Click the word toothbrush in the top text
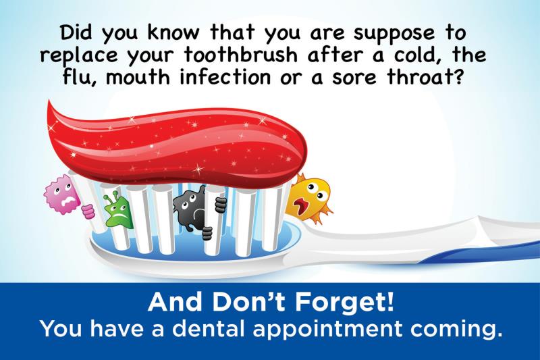[x=240, y=55]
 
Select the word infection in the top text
[x=225, y=76]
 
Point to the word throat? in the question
[x=425, y=76]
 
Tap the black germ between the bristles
[x=190, y=211]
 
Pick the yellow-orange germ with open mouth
[x=310, y=199]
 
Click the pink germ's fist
[x=88, y=211]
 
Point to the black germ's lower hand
[x=207, y=234]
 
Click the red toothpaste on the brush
[x=176, y=145]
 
